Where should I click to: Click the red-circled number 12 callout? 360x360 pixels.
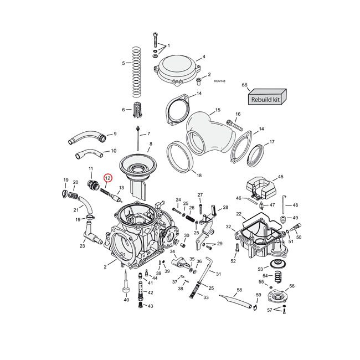click(x=108, y=178)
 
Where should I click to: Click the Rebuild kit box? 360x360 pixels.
click(x=266, y=99)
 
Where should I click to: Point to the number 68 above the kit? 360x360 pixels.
click(x=244, y=85)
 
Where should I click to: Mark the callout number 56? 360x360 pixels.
click(x=292, y=286)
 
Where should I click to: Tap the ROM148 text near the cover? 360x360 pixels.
click(x=219, y=81)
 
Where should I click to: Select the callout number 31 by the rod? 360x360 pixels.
click(x=218, y=274)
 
